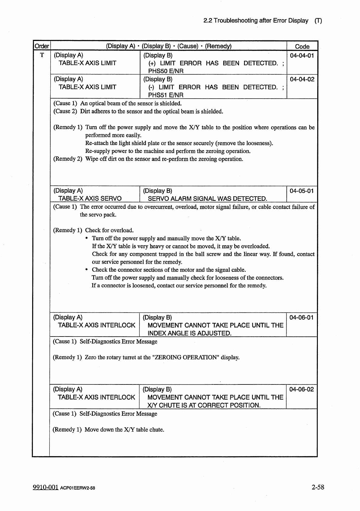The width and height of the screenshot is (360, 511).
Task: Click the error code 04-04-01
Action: click(x=302, y=55)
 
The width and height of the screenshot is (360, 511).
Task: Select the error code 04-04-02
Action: click(x=302, y=79)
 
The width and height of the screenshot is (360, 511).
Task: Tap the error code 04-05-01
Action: click(x=302, y=191)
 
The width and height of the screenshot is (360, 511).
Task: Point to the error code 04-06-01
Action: click(x=301, y=317)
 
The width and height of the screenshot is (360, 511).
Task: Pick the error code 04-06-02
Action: click(x=301, y=389)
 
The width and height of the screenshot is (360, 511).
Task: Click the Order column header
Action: click(x=42, y=46)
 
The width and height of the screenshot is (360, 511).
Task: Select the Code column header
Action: click(x=302, y=46)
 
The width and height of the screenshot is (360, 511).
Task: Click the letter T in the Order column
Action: click(x=42, y=55)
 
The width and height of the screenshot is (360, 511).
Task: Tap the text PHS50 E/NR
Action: click(x=166, y=71)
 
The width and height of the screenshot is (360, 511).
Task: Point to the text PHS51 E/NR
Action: click(x=166, y=95)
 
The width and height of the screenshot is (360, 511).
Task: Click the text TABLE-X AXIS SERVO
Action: click(x=90, y=199)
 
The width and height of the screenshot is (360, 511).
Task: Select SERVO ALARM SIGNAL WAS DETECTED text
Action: click(x=207, y=199)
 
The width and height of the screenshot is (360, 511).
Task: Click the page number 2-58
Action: click(x=318, y=487)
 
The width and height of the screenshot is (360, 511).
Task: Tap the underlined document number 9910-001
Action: click(x=45, y=487)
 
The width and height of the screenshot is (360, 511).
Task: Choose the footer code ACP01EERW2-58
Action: click(x=78, y=488)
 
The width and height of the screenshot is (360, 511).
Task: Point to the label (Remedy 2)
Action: click(x=68, y=159)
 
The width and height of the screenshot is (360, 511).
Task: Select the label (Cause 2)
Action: click(x=65, y=111)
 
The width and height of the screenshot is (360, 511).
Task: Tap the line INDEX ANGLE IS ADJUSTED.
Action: click(x=189, y=333)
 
